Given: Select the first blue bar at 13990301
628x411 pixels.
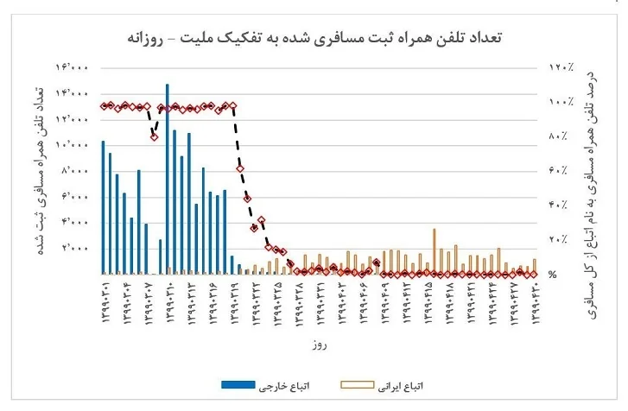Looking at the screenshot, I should (x=103, y=207).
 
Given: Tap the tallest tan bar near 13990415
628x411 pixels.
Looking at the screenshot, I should (x=434, y=251).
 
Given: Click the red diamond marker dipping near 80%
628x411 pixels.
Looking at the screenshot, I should (x=154, y=136).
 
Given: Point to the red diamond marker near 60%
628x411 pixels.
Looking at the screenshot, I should (x=240, y=169).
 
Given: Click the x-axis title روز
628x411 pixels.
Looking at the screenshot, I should (x=320, y=345).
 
